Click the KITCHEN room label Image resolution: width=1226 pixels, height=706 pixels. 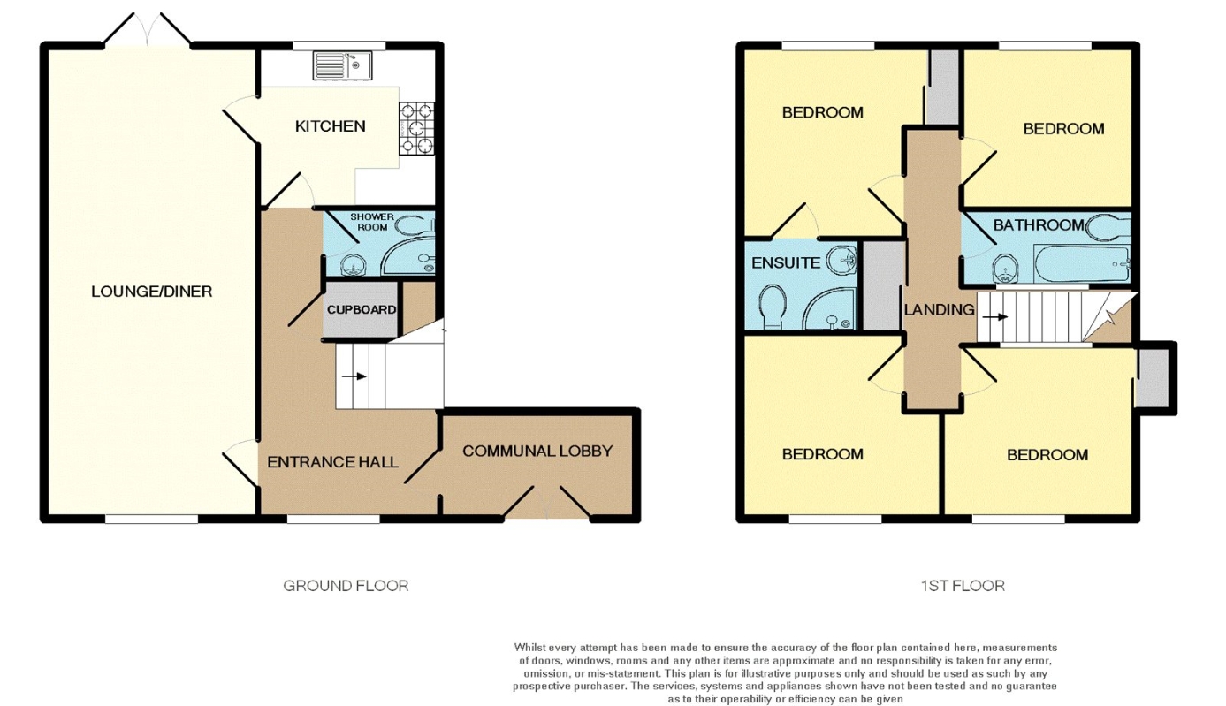(x=330, y=126)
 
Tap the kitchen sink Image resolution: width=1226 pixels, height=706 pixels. (x=343, y=65)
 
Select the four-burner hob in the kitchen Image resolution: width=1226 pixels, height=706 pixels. (x=416, y=129)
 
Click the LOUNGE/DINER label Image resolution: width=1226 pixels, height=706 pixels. (x=152, y=292)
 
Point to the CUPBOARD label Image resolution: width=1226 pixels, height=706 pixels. (x=362, y=310)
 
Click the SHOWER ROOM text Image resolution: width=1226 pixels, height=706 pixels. (x=372, y=222)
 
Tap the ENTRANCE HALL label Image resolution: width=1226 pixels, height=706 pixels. (x=332, y=462)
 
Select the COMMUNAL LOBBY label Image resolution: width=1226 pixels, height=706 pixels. (x=537, y=451)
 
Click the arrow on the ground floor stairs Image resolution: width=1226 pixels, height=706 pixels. (x=354, y=376)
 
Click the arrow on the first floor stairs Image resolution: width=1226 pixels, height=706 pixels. (x=995, y=317)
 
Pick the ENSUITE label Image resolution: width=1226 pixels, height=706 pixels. (x=786, y=263)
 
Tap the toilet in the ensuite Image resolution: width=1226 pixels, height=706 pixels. (x=773, y=307)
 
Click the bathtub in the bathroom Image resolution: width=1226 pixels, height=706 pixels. (x=1082, y=264)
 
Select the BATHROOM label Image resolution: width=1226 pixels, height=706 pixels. (x=1039, y=225)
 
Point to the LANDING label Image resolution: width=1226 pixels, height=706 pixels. (x=940, y=310)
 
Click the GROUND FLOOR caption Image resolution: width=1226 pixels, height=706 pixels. (x=346, y=586)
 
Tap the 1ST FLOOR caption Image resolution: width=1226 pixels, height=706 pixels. (x=963, y=586)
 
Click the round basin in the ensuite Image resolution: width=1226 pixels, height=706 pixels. (x=841, y=260)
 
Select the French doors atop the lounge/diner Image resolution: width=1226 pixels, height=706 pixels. (x=148, y=30)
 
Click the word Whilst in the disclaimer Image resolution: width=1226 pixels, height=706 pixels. (x=529, y=648)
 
